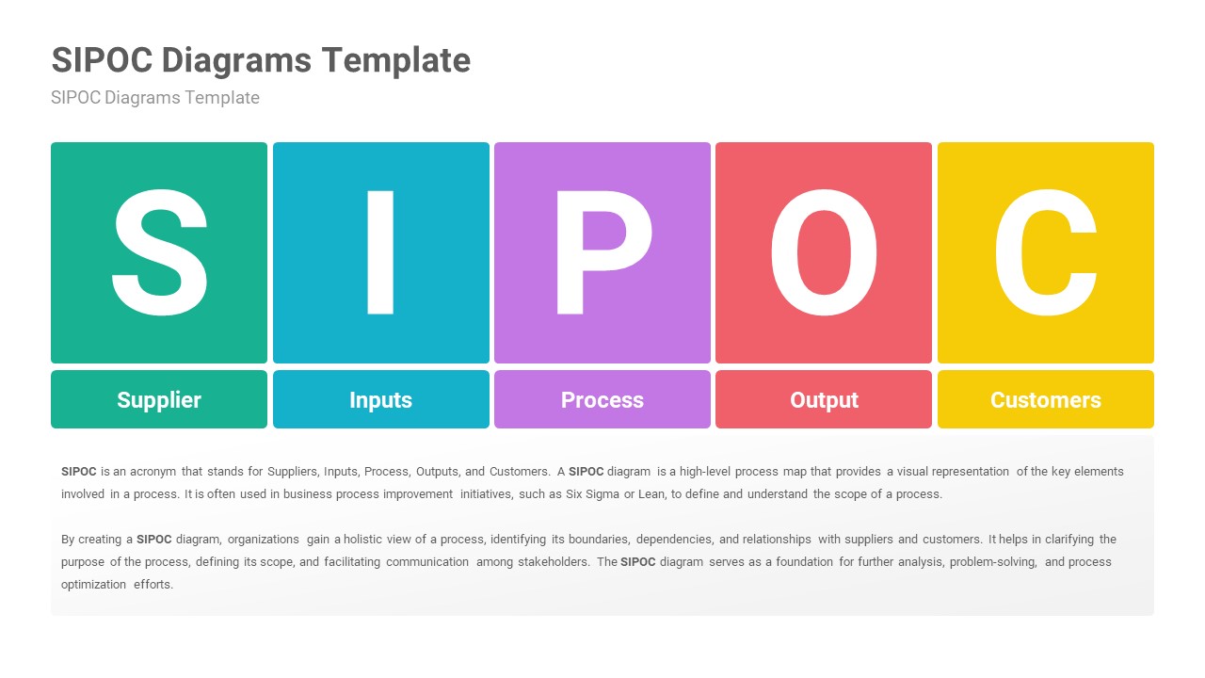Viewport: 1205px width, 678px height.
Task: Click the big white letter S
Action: click(159, 252)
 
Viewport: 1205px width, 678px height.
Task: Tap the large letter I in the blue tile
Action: click(380, 252)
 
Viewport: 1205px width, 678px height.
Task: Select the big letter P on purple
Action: click(602, 252)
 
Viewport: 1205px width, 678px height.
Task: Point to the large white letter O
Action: click(824, 252)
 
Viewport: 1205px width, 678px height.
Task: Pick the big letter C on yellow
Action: click(1046, 252)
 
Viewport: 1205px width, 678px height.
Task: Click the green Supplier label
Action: click(159, 399)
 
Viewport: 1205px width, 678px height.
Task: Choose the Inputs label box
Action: click(380, 399)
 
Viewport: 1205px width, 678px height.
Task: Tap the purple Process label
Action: click(602, 399)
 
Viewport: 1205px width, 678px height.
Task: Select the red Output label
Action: click(824, 399)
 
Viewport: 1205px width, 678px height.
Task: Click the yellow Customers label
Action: click(1046, 399)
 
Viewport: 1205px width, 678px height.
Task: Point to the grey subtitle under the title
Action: click(155, 98)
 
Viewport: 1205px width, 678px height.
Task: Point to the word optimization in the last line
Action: click(93, 585)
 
